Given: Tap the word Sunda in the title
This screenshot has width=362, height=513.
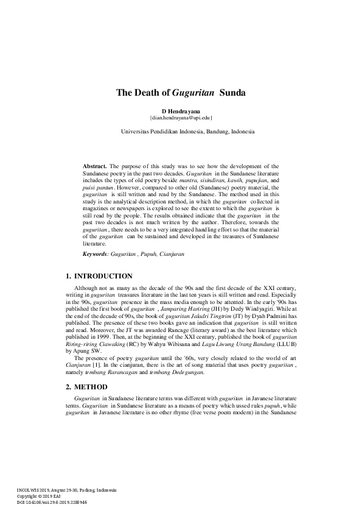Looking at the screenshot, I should coord(232,93).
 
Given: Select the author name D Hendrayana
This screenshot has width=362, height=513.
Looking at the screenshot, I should coord(181,111).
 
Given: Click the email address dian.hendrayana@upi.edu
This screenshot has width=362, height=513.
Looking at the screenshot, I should coord(181,118).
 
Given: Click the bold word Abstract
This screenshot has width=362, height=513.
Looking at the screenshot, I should coord(94,166).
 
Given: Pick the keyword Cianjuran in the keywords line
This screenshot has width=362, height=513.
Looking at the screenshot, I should coord(171,253).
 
